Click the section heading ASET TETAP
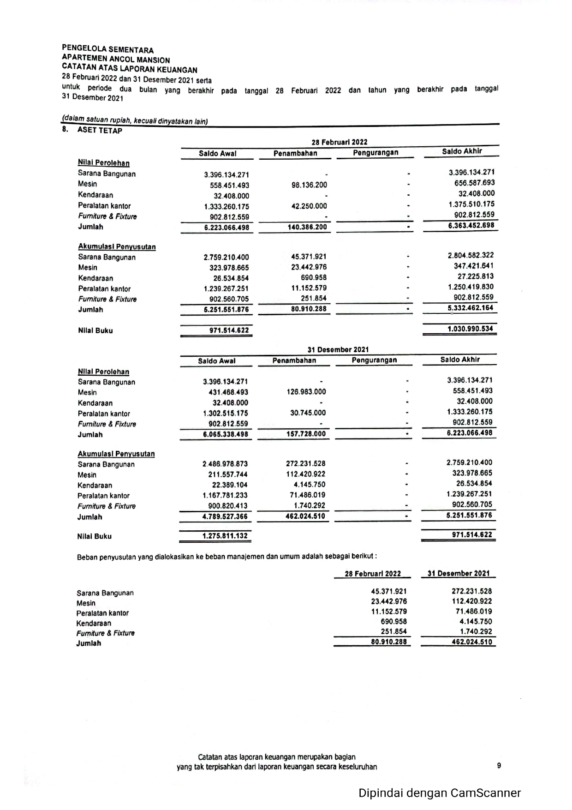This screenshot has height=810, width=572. pyautogui.click(x=100, y=131)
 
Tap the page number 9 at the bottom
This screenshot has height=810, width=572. pyautogui.click(x=499, y=766)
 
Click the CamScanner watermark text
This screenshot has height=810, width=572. pyautogui.click(x=440, y=793)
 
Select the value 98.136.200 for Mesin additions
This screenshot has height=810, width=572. pyautogui.click(x=309, y=185)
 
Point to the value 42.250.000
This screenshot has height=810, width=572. pyautogui.click(x=309, y=206)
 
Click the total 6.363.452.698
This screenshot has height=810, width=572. pyautogui.click(x=471, y=226)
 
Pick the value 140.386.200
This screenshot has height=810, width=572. pyautogui.click(x=307, y=227)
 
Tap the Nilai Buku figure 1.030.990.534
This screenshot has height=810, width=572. pyautogui.click(x=470, y=329)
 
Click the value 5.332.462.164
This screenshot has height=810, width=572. pyautogui.click(x=470, y=308)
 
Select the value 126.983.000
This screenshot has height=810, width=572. pyautogui.click(x=306, y=392)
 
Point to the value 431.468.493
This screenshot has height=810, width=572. pyautogui.click(x=228, y=392)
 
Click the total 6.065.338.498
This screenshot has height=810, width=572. pyautogui.click(x=226, y=434)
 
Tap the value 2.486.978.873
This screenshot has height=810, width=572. pyautogui.click(x=225, y=464)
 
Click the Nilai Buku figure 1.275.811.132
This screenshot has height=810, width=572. pyautogui.click(x=225, y=536)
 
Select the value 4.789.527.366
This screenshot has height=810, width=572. pyautogui.click(x=225, y=517)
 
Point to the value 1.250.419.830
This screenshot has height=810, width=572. pyautogui.click(x=471, y=287)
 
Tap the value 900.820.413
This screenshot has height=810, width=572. pyautogui.click(x=227, y=506)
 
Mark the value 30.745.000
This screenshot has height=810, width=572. pyautogui.click(x=308, y=413)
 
